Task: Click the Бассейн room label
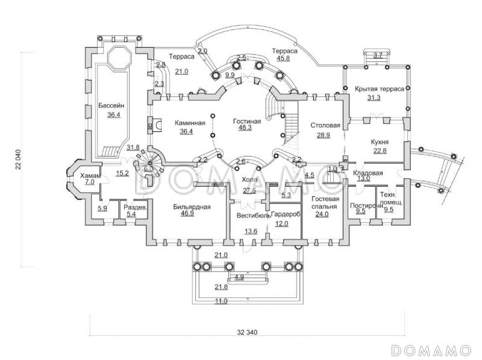pos(109,106)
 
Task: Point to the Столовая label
pos(325,126)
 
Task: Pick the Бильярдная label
pos(191,206)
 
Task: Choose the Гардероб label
pos(286,214)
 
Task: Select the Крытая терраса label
pos(379,88)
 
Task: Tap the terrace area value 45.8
pos(283,59)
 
